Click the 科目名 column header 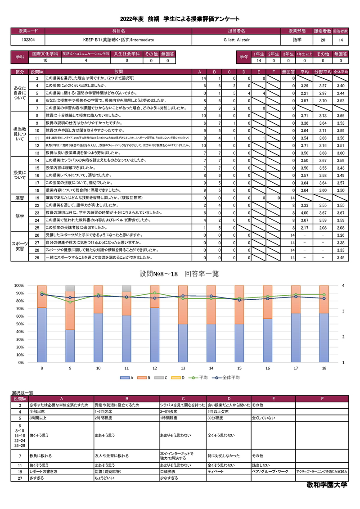[x=118, y=31]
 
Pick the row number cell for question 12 [x=38, y=146]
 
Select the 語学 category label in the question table [x=20, y=216]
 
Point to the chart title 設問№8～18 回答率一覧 [x=180, y=274]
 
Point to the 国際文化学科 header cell [x=45, y=54]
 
